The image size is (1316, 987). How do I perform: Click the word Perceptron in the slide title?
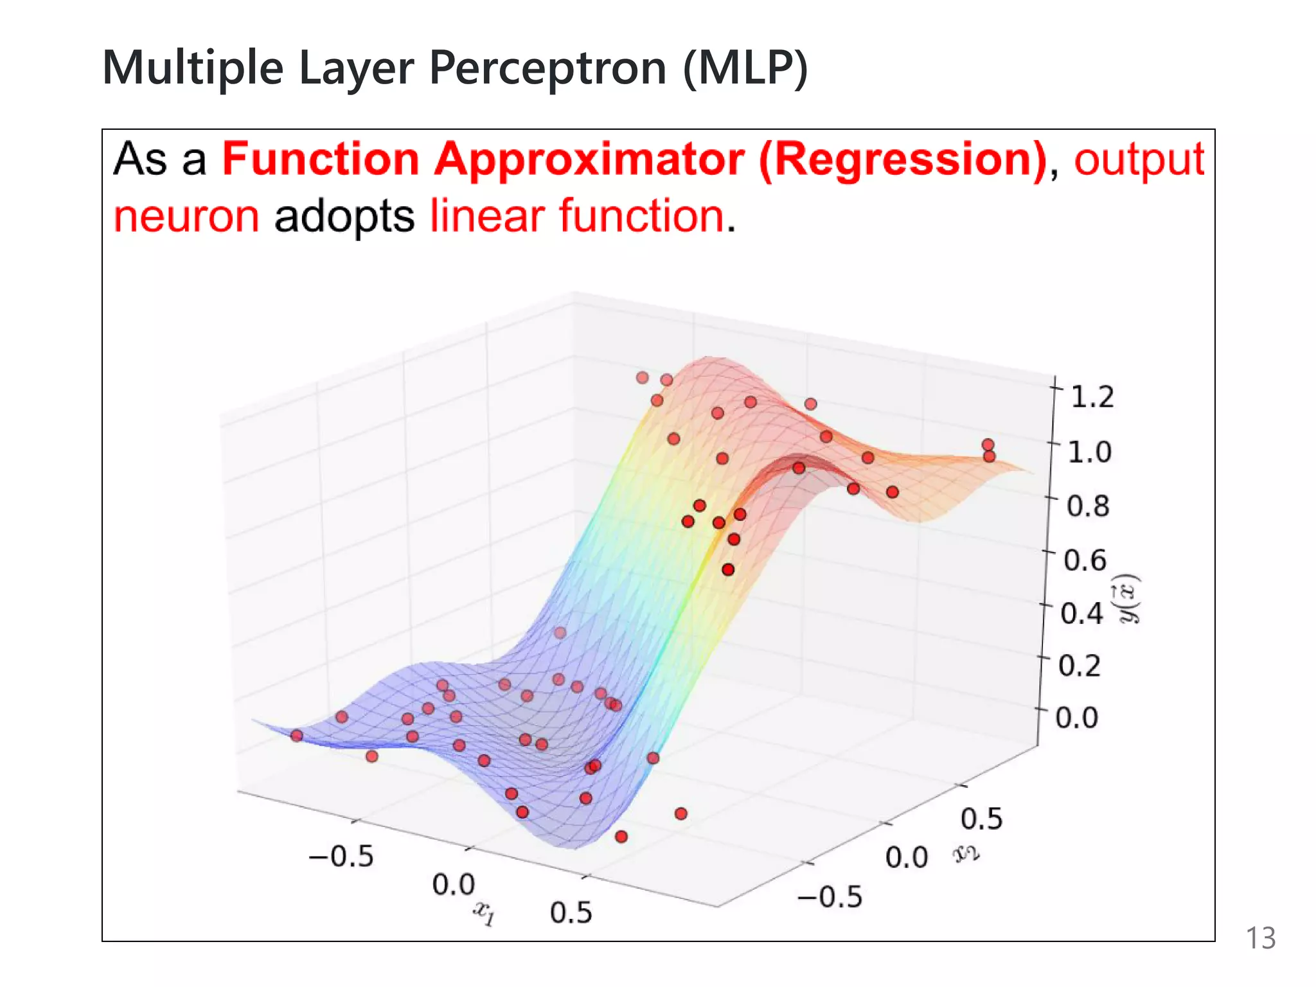pyautogui.click(x=547, y=67)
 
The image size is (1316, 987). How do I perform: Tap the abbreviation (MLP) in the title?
pyautogui.click(x=745, y=67)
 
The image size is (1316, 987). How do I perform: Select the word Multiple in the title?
pyautogui.click(x=193, y=67)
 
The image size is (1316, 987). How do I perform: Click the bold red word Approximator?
pyautogui.click(x=589, y=159)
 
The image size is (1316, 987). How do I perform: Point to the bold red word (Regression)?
pyautogui.click(x=903, y=159)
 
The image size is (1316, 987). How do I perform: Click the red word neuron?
pyautogui.click(x=186, y=216)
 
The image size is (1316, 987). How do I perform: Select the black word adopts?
pyautogui.click(x=344, y=217)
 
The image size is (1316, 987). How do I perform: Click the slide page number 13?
pyautogui.click(x=1260, y=938)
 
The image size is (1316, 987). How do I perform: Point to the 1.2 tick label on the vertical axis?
pyautogui.click(x=1092, y=396)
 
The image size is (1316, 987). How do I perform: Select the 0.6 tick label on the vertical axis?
pyautogui.click(x=1085, y=560)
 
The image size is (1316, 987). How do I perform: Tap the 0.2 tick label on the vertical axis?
pyautogui.click(x=1080, y=665)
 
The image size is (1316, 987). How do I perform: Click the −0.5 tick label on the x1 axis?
pyautogui.click(x=341, y=856)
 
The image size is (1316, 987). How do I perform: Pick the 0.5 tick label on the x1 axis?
pyautogui.click(x=571, y=912)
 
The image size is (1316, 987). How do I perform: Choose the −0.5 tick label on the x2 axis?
pyautogui.click(x=830, y=896)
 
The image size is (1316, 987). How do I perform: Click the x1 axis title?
pyautogui.click(x=484, y=912)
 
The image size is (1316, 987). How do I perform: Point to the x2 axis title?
pyautogui.click(x=966, y=853)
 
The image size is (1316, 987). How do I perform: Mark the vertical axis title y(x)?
pyautogui.click(x=1129, y=598)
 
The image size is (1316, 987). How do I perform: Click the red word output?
pyautogui.click(x=1139, y=159)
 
